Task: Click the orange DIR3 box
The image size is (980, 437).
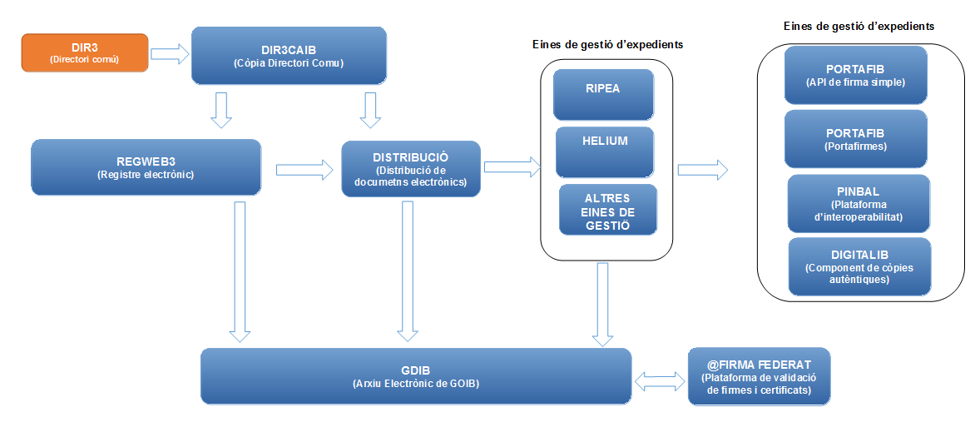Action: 84,52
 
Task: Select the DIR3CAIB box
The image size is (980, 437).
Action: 289,55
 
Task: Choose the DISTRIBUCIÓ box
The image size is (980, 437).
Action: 411,168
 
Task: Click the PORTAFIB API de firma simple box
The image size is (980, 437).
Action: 855,74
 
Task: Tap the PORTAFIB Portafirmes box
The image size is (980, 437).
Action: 855,138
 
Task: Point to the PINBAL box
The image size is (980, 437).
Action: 859,202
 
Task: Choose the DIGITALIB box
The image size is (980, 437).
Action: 859,266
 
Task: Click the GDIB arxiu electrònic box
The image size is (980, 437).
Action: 416,376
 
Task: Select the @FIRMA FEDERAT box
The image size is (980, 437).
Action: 759,376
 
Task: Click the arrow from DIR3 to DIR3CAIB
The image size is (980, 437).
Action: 170,55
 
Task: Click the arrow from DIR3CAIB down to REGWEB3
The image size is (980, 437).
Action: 220,110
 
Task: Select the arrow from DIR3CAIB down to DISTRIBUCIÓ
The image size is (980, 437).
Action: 369,110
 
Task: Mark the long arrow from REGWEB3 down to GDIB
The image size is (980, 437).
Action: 240,271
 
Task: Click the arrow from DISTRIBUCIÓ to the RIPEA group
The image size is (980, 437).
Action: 511,167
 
